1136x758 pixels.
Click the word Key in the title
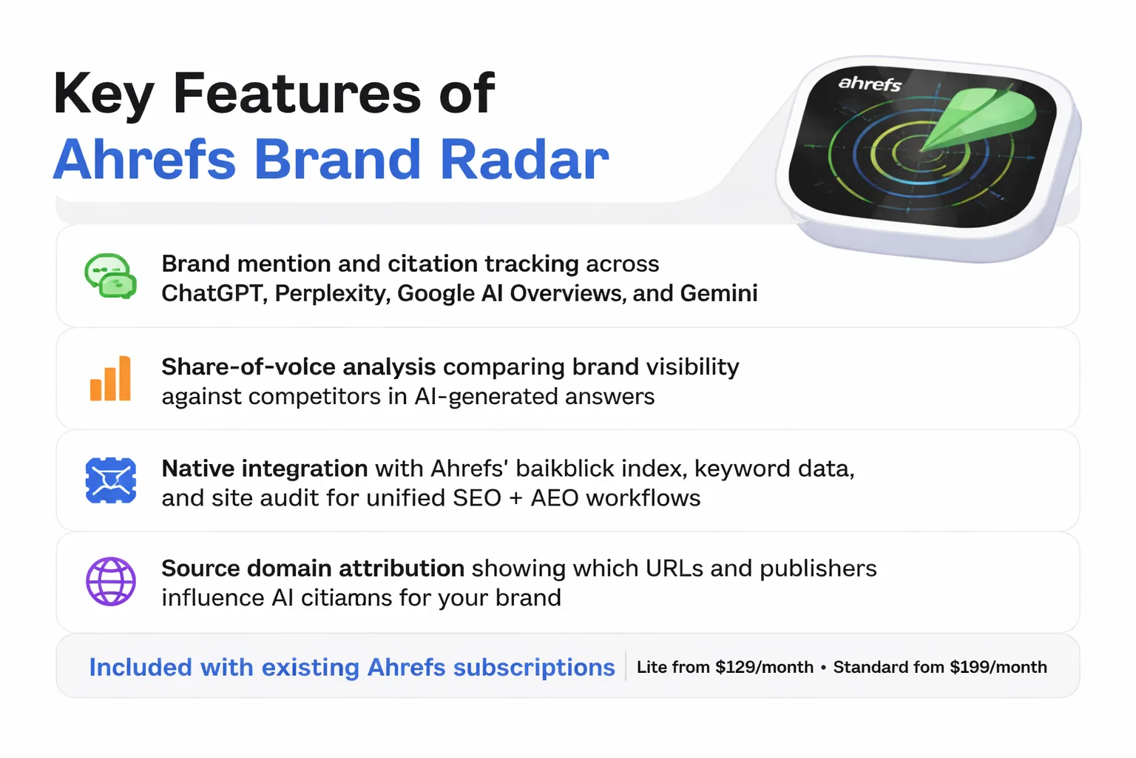pos(104,95)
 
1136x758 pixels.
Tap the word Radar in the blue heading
pos(524,159)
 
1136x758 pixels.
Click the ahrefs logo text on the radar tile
pos(870,83)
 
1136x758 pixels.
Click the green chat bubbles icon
pos(110,275)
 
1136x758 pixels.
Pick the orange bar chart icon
pos(110,379)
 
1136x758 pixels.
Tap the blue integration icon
pos(110,480)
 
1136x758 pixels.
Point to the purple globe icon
pos(110,582)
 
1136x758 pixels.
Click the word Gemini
pos(719,293)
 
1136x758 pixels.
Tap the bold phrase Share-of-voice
pos(248,366)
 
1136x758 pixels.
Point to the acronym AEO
pos(554,498)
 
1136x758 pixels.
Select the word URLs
pos(674,568)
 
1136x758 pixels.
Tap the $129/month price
pos(764,667)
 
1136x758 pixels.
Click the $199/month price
pos(998,667)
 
